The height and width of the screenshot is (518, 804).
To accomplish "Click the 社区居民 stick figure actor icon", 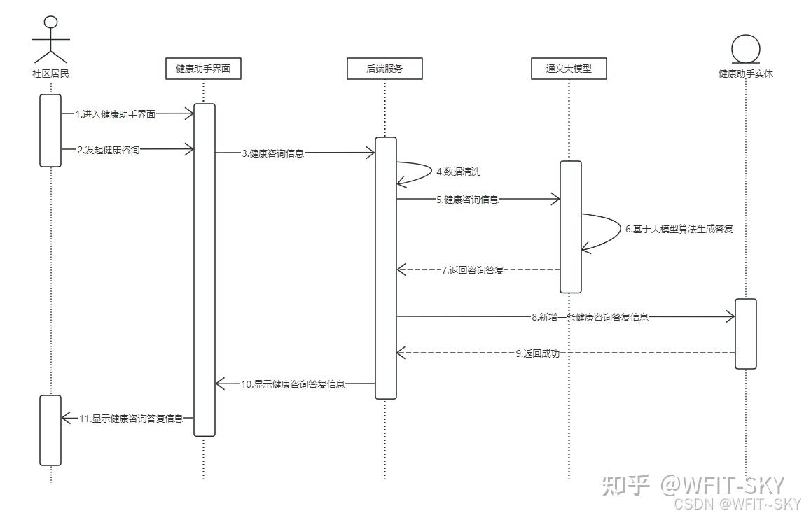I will [x=50, y=38].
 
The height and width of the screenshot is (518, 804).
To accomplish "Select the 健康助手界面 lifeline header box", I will [x=203, y=69].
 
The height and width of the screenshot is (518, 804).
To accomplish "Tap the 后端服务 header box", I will [x=384, y=69].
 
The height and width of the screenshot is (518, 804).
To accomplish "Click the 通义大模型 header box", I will [x=569, y=69].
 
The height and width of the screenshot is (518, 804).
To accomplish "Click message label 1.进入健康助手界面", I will [x=116, y=114].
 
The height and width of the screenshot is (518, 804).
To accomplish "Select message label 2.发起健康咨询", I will [x=109, y=149].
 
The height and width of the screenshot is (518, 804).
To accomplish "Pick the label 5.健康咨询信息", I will [x=468, y=199].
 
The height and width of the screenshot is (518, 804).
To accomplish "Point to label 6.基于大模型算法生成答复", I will [x=679, y=229].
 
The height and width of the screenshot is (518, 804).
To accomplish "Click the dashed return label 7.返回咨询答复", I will [x=473, y=269].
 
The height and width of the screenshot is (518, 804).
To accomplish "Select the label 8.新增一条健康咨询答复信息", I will [x=590, y=317].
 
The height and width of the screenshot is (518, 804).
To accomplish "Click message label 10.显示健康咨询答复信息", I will [x=293, y=384].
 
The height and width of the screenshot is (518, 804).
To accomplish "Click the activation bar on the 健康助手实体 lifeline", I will [x=746, y=334].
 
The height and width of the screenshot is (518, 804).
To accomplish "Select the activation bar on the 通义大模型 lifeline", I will [x=570, y=226].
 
